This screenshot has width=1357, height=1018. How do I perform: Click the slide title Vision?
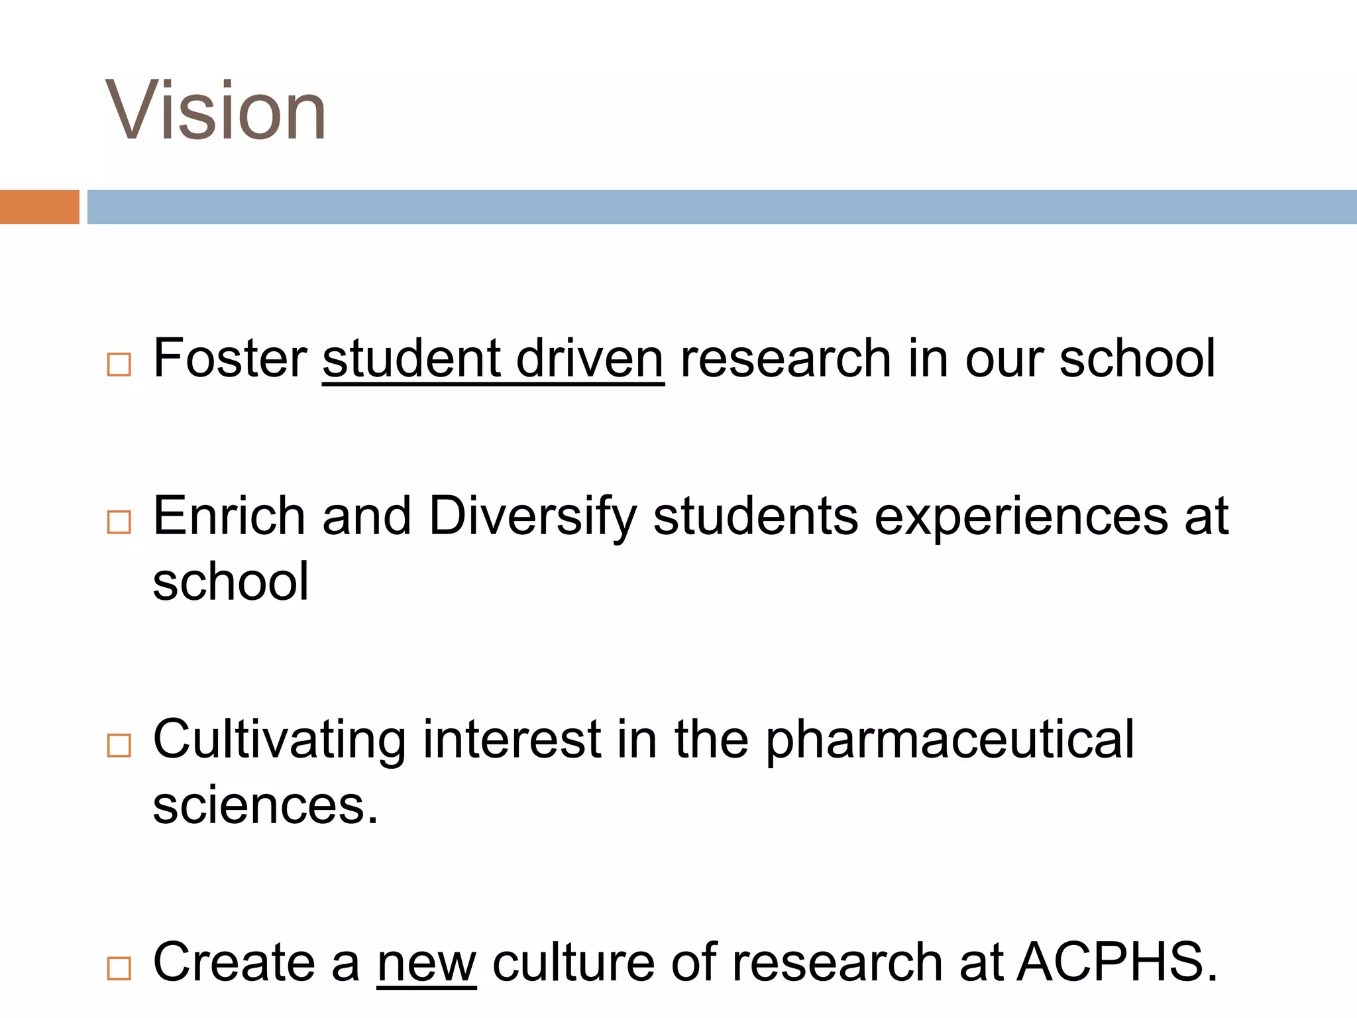[216, 110]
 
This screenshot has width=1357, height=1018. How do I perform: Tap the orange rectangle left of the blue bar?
[39, 207]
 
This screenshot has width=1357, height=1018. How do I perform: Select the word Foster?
[230, 359]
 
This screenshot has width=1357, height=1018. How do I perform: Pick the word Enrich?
[229, 516]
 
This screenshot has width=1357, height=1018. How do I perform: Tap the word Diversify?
[533, 517]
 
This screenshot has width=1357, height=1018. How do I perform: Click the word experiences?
[1021, 517]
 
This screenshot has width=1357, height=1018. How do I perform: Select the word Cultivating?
[279, 740]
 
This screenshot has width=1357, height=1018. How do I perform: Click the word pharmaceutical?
[950, 740]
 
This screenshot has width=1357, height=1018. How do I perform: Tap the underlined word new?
[426, 963]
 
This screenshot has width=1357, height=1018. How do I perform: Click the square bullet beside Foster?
[119, 365]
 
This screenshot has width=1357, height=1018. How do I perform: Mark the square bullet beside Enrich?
[119, 522]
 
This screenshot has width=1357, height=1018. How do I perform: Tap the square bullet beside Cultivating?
[119, 746]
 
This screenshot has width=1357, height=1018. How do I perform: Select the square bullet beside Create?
[119, 969]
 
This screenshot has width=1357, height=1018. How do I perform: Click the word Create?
[235, 962]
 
